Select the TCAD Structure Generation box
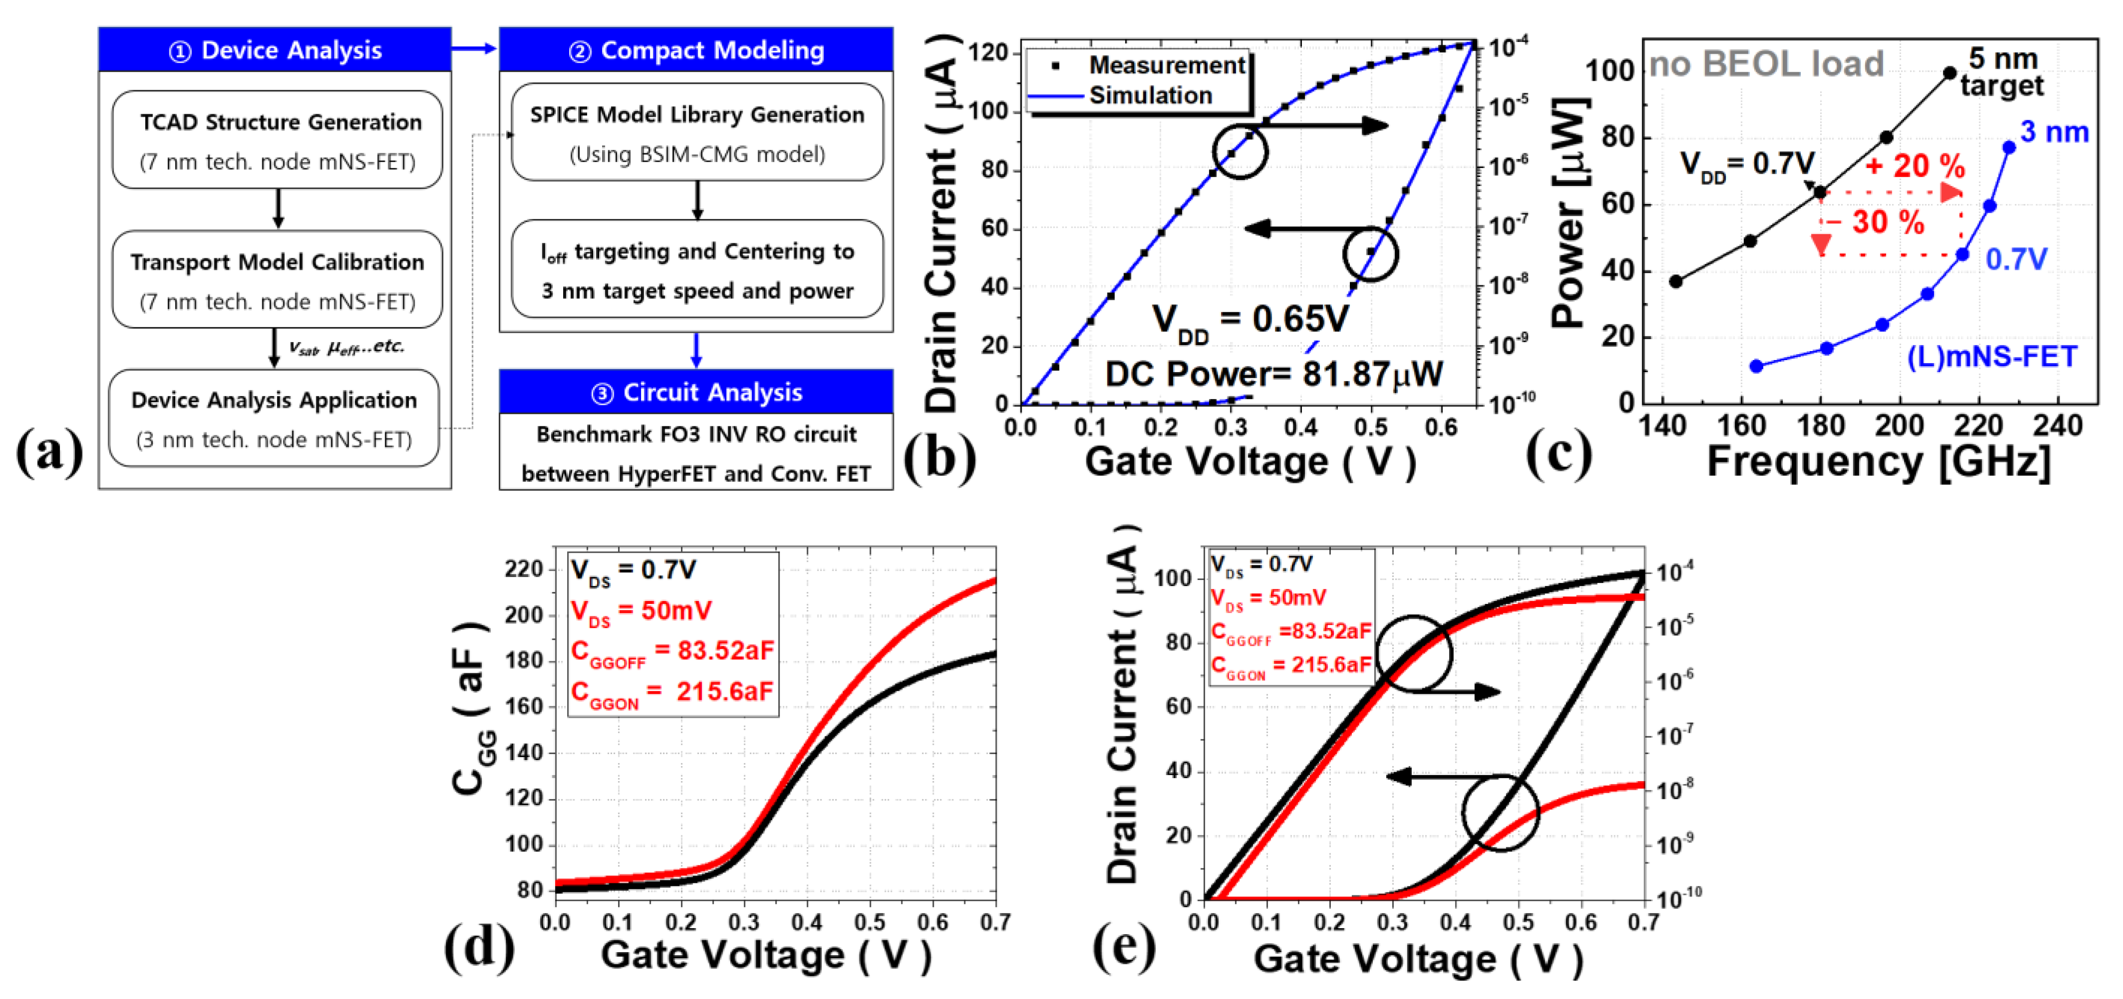[x=278, y=140]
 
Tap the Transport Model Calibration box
[x=278, y=280]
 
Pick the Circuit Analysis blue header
[x=696, y=393]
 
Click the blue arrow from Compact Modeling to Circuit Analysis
[x=696, y=350]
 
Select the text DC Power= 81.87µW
[x=1274, y=374]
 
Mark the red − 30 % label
[x=1876, y=222]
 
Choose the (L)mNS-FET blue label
[x=1992, y=357]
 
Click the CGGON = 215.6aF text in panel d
[x=672, y=692]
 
